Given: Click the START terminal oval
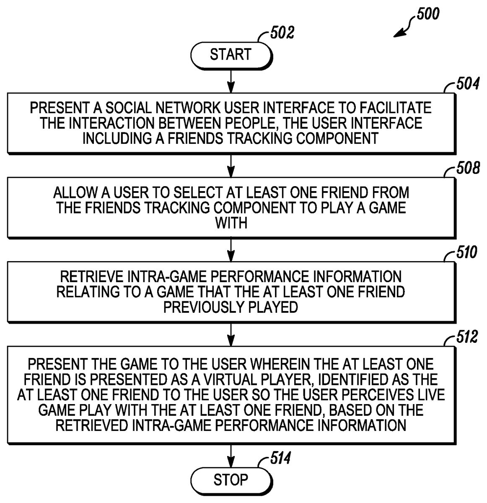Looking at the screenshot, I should click(231, 55).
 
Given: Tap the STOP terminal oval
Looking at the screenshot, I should click(231, 480).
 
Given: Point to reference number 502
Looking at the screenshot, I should click(282, 32).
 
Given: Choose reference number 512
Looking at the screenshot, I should click(466, 337).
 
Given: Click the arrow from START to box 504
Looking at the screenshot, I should click(231, 81).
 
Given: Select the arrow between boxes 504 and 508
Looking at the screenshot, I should click(231, 165).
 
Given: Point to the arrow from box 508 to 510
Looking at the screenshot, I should click(231, 250).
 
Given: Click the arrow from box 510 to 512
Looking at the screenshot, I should click(231, 334).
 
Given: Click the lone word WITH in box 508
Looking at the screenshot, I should click(231, 223).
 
